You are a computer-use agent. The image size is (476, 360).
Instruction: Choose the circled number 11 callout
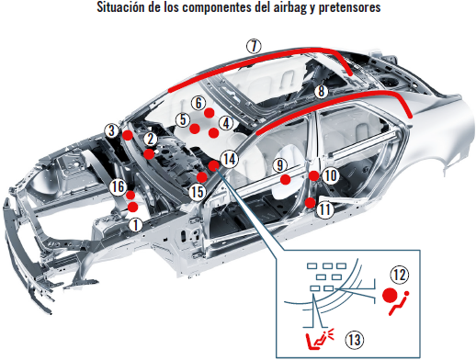click(324, 209)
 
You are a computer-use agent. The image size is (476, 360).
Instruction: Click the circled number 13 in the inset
click(353, 339)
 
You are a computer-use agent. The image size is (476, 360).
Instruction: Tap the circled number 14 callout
click(229, 158)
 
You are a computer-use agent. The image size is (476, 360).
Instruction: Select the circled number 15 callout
click(196, 192)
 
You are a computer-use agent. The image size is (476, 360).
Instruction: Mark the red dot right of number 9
click(287, 180)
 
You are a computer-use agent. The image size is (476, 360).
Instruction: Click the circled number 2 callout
click(148, 138)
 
